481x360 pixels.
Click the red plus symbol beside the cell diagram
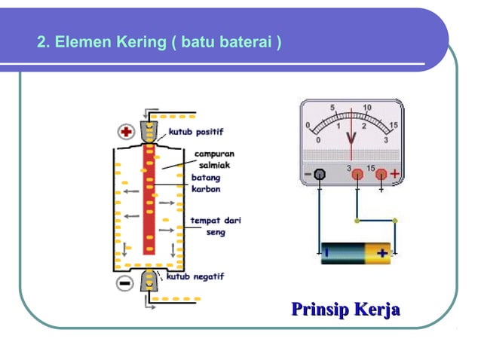(126, 132)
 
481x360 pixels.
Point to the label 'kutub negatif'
(195, 277)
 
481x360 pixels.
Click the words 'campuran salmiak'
(215, 159)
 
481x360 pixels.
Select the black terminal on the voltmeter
(320, 175)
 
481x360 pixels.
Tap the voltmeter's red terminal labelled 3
(357, 175)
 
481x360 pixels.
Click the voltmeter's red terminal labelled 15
(381, 175)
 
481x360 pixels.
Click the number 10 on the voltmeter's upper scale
(367, 108)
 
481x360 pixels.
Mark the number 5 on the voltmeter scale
(333, 108)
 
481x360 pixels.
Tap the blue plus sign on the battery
(382, 253)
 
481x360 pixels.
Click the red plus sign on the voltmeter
(394, 174)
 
